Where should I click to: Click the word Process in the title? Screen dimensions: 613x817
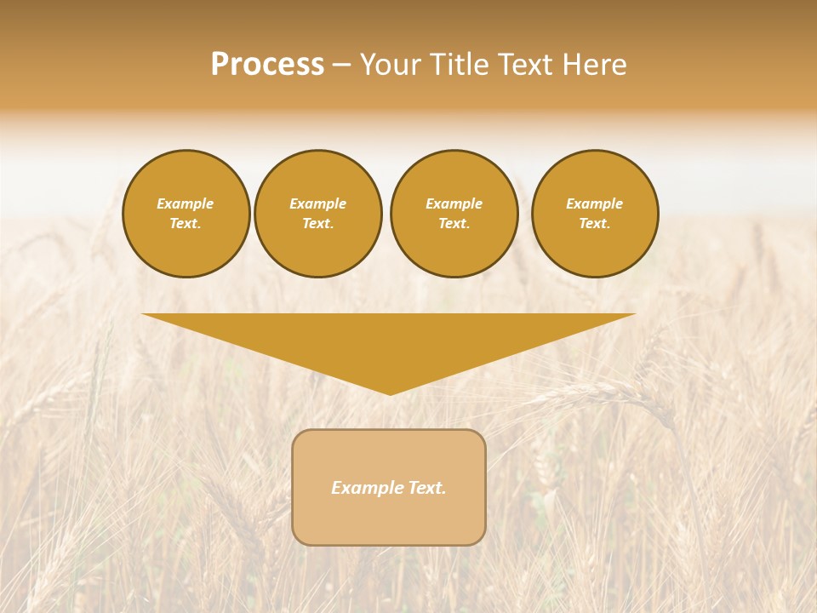tap(267, 65)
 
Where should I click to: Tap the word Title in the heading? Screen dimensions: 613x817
tap(459, 65)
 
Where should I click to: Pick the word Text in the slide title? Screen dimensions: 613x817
tap(524, 65)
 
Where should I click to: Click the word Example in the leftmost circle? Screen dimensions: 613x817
tap(186, 203)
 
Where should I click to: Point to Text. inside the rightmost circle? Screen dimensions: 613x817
tap(594, 224)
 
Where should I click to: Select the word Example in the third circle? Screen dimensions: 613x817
tap(454, 203)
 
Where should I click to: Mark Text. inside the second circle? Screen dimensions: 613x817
tap(317, 224)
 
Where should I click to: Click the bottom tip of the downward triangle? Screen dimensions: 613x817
tap(390, 392)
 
